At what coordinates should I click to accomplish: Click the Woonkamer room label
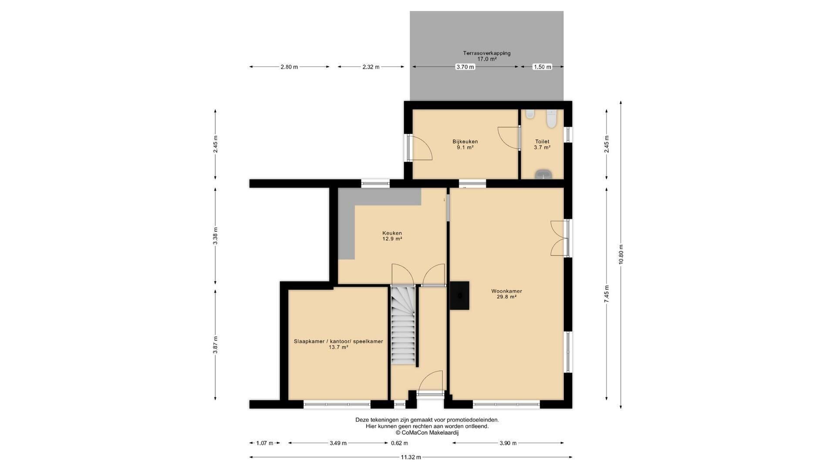pos(506,291)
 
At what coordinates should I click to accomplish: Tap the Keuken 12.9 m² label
pos(392,236)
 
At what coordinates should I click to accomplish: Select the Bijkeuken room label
pos(465,141)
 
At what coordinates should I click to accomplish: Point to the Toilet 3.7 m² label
pos(542,144)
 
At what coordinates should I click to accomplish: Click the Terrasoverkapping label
pos(487,53)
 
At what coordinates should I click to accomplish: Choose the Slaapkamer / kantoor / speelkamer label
pos(338,341)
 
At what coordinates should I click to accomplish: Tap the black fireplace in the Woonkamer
pos(460,295)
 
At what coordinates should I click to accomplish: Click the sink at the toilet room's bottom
pos(543,175)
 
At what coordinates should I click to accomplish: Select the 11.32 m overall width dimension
pos(411,457)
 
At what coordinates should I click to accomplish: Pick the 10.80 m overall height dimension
pos(621,255)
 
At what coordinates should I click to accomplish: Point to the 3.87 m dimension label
pos(216,345)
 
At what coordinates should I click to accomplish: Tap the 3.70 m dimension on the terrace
pos(465,67)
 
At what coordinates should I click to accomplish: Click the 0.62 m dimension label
pos(399,443)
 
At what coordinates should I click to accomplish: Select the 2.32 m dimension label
pos(371,67)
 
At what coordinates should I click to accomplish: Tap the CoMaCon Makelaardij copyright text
pos(427,433)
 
